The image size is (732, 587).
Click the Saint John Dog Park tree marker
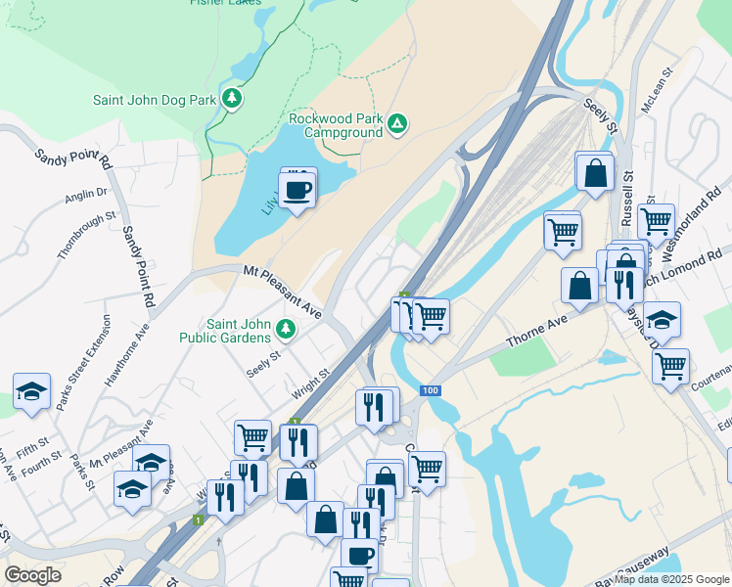click(x=232, y=98)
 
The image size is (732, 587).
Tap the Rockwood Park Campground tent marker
click(x=396, y=123)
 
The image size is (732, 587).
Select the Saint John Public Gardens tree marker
click(x=286, y=328)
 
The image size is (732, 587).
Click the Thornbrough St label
click(x=86, y=235)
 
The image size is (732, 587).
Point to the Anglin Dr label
click(x=85, y=196)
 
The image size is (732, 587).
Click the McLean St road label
click(x=655, y=88)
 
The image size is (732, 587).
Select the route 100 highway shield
click(x=430, y=390)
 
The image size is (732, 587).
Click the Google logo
click(x=32, y=575)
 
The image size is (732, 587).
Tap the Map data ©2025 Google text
click(x=672, y=579)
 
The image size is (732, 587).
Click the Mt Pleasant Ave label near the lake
click(x=282, y=293)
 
